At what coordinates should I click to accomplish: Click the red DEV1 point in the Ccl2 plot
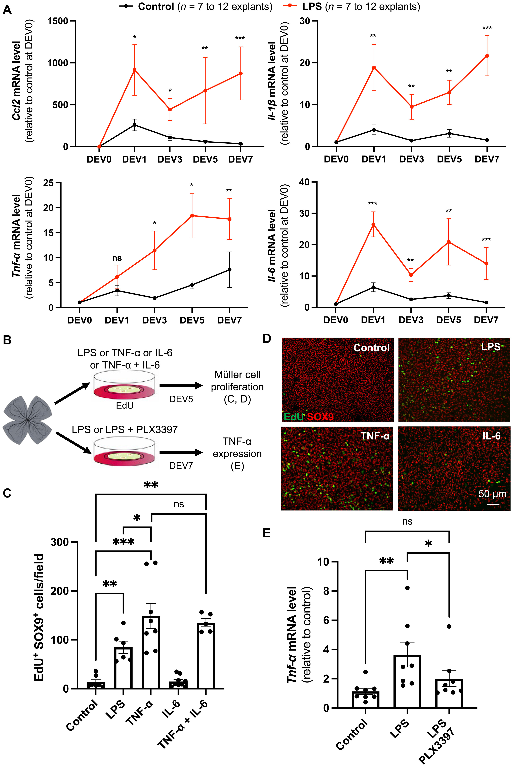134,70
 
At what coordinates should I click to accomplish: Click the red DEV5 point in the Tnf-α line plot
192,216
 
